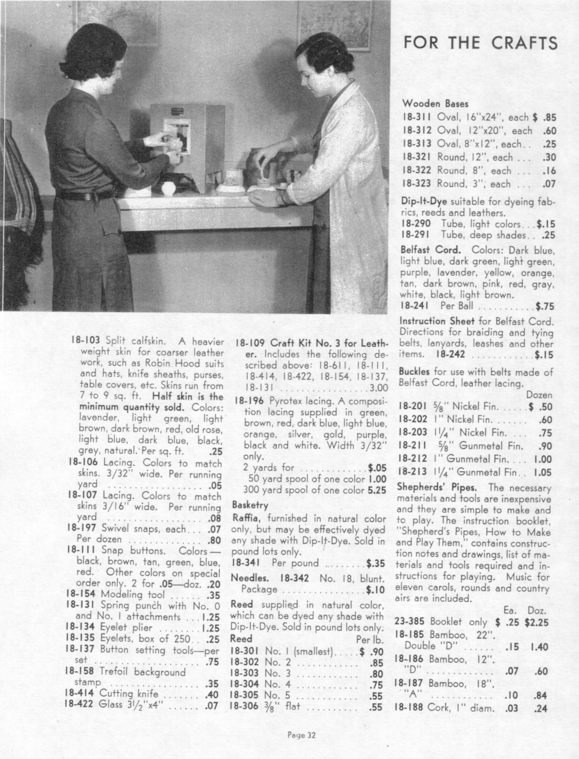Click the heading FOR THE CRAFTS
(x=480, y=42)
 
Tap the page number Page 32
(x=302, y=735)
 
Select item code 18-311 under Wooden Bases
(x=417, y=117)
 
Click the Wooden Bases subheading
(x=428, y=103)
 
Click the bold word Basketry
(x=250, y=505)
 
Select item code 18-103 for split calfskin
(x=84, y=340)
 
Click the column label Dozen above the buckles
(x=539, y=395)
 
